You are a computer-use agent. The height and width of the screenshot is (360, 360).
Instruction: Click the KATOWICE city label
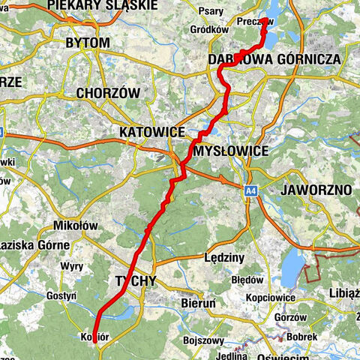(x=151, y=132)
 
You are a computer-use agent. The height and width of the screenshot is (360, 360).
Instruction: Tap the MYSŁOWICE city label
(x=231, y=151)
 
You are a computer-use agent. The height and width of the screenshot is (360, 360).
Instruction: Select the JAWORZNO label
(x=315, y=190)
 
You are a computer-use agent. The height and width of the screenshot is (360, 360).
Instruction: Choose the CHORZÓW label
(x=109, y=93)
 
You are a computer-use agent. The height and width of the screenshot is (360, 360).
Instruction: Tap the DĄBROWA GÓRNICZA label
(x=274, y=58)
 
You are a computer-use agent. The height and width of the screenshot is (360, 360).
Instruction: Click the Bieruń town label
(x=198, y=303)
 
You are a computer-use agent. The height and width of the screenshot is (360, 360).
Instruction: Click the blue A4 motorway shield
(x=248, y=193)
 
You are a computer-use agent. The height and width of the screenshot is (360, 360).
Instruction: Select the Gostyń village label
(x=60, y=296)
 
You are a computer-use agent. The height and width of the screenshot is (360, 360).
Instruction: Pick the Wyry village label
(x=72, y=267)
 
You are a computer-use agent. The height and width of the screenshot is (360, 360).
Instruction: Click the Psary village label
(x=214, y=11)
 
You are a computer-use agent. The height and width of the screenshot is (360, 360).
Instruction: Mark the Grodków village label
(x=209, y=29)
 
